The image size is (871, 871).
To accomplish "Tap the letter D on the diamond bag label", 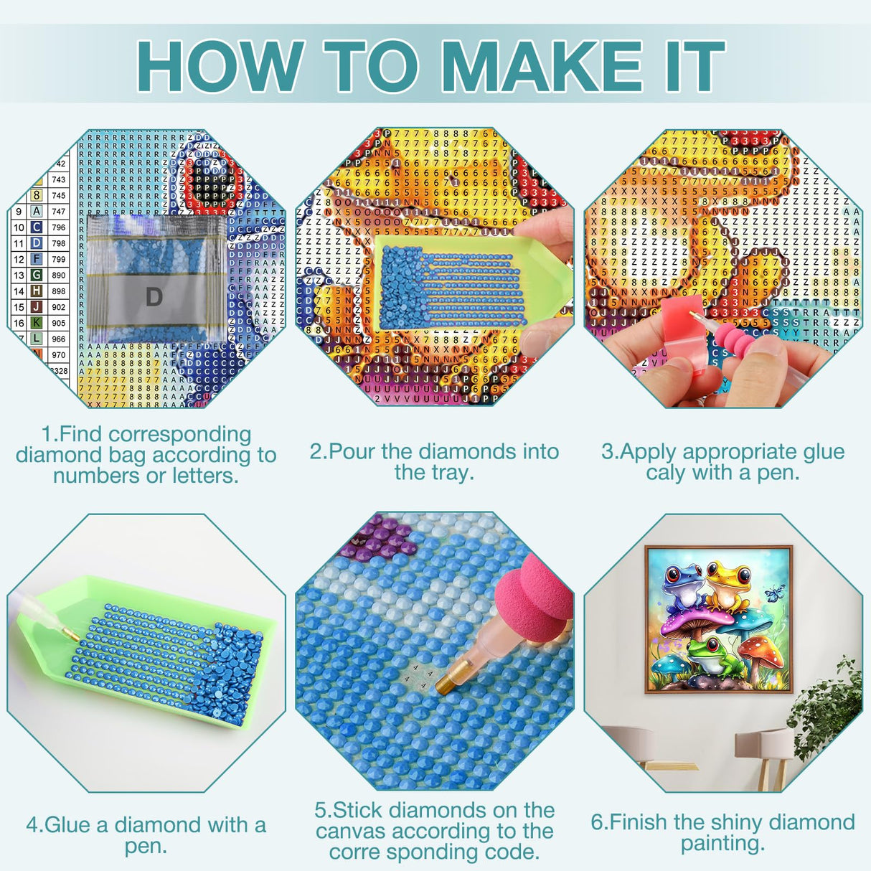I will click(154, 296).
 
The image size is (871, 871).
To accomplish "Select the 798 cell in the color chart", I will click(58, 243).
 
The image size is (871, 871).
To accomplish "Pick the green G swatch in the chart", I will click(36, 275).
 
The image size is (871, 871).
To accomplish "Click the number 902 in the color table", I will click(58, 307).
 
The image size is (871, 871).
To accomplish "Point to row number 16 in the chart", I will click(19, 323).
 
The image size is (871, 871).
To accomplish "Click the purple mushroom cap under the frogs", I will click(689, 621).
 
